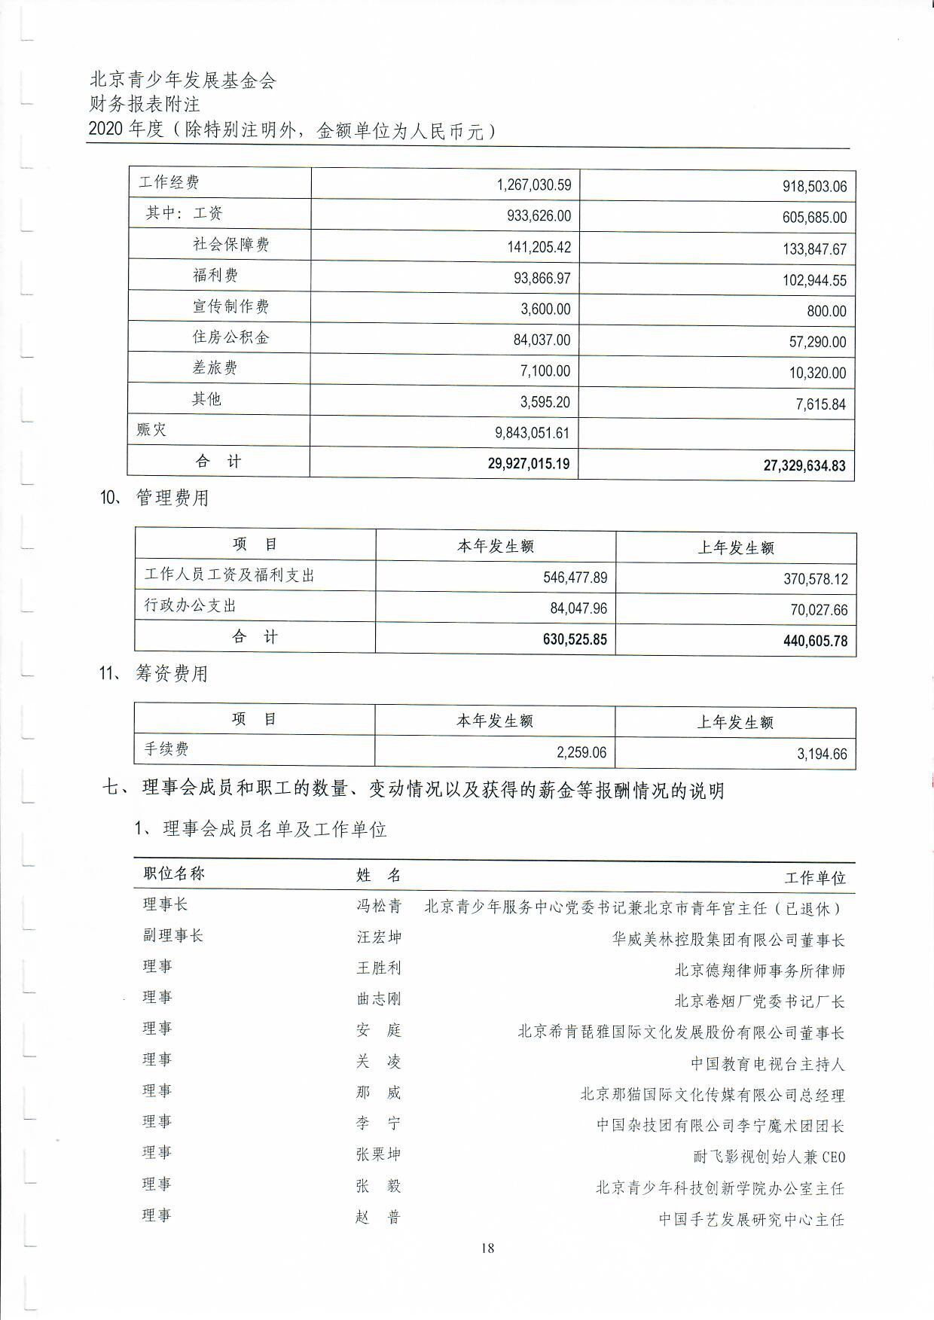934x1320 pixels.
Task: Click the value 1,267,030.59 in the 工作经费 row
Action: [533, 184]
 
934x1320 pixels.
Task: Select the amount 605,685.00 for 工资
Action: [814, 218]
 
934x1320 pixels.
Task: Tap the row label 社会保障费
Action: [230, 244]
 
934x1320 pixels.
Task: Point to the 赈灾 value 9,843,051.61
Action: [532, 433]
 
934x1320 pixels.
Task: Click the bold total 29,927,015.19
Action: [528, 463]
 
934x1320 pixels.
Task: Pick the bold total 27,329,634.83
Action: [804, 465]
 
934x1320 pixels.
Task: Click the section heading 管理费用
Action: [172, 498]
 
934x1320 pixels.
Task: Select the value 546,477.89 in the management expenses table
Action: [575, 578]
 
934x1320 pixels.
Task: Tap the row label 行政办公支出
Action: [190, 605]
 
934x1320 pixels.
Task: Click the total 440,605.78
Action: [815, 642]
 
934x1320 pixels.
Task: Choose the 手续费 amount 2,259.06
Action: [581, 752]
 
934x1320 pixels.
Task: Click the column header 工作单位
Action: [815, 877]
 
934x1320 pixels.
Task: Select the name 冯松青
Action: [379, 906]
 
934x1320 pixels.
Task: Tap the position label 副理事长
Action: [173, 936]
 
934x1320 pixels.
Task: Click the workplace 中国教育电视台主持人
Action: [768, 1064]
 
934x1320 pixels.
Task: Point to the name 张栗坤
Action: [379, 1154]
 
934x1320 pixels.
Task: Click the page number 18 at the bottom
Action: [487, 1248]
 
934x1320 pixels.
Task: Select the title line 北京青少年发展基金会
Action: [183, 80]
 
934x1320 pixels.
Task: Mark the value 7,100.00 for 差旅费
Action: [545, 370]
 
